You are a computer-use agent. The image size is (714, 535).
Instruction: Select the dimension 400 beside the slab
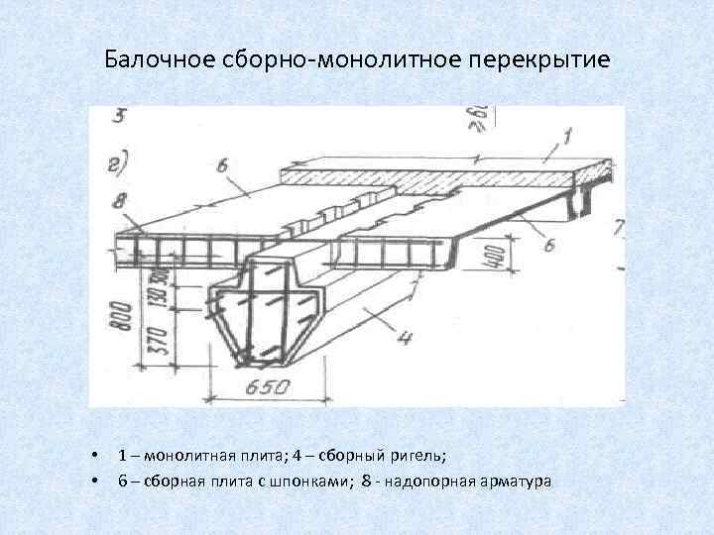[496, 259]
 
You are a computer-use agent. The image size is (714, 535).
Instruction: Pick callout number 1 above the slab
[567, 133]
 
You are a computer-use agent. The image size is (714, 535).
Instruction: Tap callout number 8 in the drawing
[120, 200]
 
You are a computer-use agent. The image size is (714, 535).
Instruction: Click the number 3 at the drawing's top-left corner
[118, 116]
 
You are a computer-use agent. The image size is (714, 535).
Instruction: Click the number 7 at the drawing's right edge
[618, 229]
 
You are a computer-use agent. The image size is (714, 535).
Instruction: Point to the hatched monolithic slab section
[426, 179]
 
